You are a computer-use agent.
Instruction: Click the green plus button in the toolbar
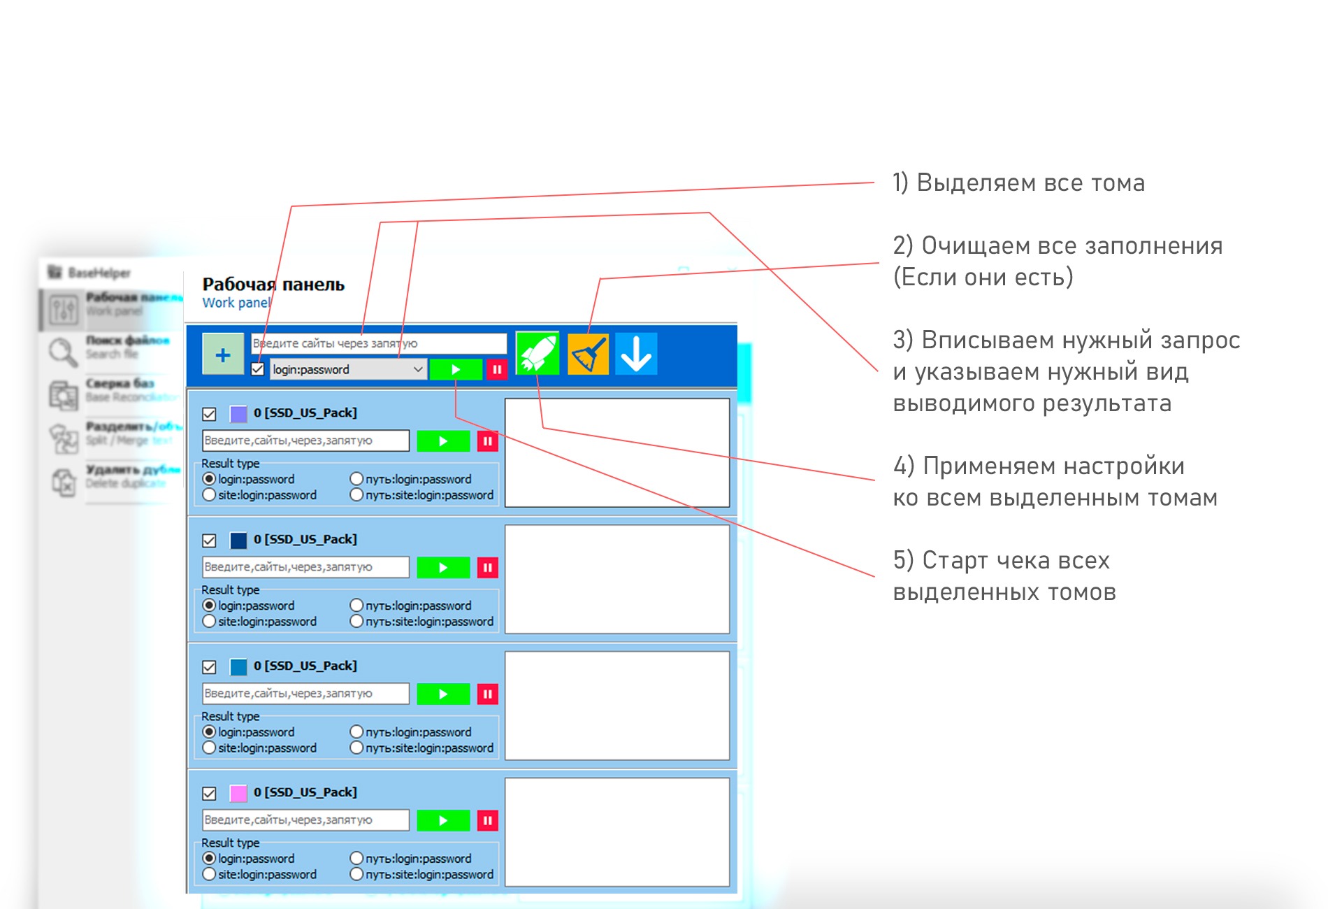(223, 355)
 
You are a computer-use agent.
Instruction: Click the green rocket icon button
(537, 353)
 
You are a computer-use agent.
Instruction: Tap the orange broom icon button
(588, 354)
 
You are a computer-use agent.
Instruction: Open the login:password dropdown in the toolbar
(347, 369)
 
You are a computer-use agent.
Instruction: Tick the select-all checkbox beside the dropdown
(258, 369)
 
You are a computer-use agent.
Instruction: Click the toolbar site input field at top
(378, 343)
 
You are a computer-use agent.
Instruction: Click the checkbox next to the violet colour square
(209, 414)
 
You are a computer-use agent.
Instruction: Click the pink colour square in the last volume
(238, 793)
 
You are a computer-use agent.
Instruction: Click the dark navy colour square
(238, 540)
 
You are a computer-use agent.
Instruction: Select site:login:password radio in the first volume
(209, 495)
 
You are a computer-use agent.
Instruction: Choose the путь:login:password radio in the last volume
(356, 858)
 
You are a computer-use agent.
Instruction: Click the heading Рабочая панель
(273, 285)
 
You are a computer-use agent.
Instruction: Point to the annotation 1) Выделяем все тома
(1018, 183)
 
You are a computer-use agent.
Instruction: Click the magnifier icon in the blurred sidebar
(63, 352)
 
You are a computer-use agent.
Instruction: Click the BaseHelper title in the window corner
(99, 273)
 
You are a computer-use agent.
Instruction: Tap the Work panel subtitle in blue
(236, 303)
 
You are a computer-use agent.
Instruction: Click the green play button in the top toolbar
(456, 369)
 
